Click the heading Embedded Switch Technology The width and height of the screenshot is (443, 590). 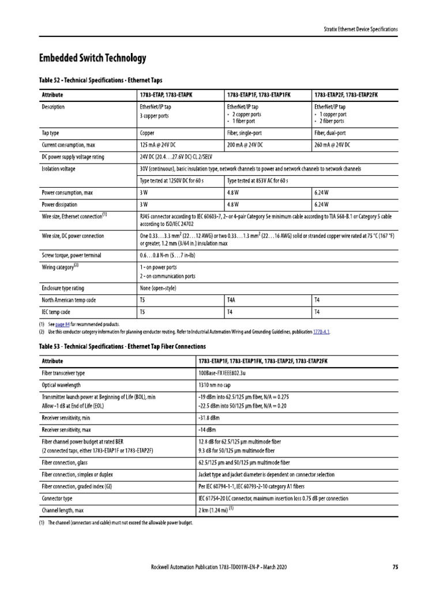[x=92, y=58]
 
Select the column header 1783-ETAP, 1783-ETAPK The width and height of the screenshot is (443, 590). [x=162, y=94]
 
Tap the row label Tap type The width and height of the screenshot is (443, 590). [x=50, y=133]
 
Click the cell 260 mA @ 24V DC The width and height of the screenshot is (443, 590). [x=332, y=144]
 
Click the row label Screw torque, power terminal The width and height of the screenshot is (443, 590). [x=72, y=255]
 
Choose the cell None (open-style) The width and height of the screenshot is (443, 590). [x=157, y=288]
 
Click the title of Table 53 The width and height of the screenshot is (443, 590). [x=122, y=346]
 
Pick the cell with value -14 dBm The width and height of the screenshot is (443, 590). [x=208, y=429]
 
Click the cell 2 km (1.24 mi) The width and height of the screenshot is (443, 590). [x=214, y=510]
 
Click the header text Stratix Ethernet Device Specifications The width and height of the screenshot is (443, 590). [x=359, y=29]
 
